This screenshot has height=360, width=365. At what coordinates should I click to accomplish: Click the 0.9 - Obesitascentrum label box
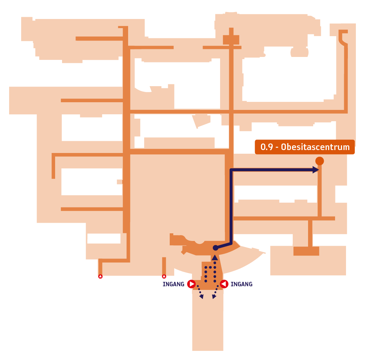pos(305,147)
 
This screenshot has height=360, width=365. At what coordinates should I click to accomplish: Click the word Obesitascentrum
pos(315,147)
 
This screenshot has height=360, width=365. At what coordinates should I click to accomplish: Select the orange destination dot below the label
pos(320,161)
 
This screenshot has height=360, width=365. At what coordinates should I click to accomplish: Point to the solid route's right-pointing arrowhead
pos(316,170)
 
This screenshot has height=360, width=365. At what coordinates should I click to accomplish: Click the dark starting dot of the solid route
pos(216,248)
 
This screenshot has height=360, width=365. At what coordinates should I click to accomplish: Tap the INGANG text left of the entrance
pos(173,284)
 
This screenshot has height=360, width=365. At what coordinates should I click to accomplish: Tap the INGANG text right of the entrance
pos(241,284)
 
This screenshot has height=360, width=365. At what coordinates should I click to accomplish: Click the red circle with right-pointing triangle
pos(192,284)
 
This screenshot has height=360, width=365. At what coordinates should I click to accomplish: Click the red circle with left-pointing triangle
pos(224,284)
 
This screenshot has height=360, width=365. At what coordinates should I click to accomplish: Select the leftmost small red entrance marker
pos(100,276)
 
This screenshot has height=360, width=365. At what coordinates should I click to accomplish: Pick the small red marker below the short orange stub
pos(164,276)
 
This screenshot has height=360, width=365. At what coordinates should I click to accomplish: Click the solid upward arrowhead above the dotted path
pos(215,257)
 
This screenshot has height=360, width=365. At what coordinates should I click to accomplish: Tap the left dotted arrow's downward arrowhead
pos(201,297)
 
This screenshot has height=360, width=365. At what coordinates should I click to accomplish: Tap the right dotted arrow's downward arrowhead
pos(214,297)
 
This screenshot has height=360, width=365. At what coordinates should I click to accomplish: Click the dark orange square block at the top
pos(231,39)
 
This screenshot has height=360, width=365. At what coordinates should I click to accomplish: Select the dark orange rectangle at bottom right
pos(306,251)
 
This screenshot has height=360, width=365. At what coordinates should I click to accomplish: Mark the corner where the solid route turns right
pos(231,170)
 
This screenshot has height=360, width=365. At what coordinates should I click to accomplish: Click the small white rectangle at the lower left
pos(104,238)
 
